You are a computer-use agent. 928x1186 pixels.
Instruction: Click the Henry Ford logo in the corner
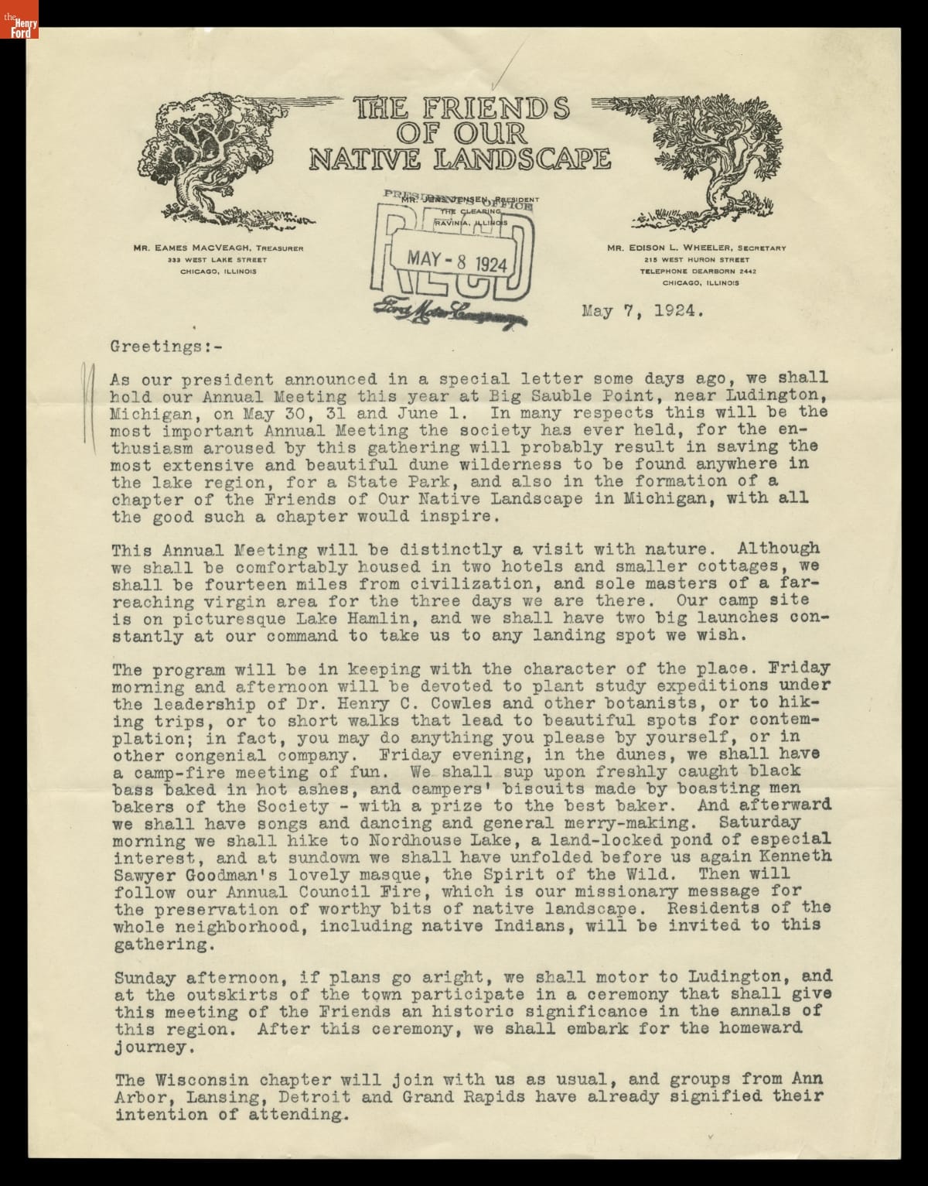pyautogui.click(x=19, y=19)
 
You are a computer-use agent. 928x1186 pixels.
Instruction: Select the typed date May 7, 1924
pyautogui.click(x=642, y=313)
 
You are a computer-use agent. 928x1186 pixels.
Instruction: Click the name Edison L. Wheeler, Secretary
pyautogui.click(x=696, y=248)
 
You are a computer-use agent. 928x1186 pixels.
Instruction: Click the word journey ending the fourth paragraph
pyautogui.click(x=151, y=1048)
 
